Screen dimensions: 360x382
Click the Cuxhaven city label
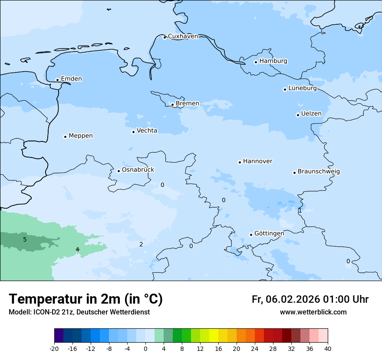pyautogui.click(x=183, y=36)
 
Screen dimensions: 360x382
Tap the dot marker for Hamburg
pyautogui.click(x=256, y=62)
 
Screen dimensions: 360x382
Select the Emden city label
pyautogui.click(x=71, y=79)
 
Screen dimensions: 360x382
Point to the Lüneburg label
pyautogui.click(x=302, y=88)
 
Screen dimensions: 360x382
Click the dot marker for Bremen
pyautogui.click(x=172, y=105)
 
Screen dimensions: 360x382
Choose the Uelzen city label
pyautogui.click(x=311, y=114)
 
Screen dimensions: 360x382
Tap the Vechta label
pyautogui.click(x=147, y=131)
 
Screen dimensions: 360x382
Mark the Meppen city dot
pyautogui.click(x=65, y=137)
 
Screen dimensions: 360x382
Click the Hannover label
pyautogui.click(x=257, y=161)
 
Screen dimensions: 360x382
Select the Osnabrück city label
pyautogui.click(x=138, y=170)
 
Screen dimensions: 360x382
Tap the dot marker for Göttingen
pyautogui.click(x=251, y=235)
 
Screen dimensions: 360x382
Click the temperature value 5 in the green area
pyautogui.click(x=25, y=239)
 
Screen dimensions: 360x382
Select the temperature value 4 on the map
pyautogui.click(x=77, y=249)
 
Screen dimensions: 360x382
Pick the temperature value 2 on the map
pyautogui.click(x=141, y=245)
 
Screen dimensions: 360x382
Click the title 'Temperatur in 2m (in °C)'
pyautogui.click(x=86, y=299)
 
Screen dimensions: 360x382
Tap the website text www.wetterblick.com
pyautogui.click(x=313, y=312)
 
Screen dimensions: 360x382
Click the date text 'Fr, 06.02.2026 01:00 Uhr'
pyautogui.click(x=310, y=299)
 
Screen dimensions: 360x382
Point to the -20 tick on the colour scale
pyautogui.click(x=54, y=348)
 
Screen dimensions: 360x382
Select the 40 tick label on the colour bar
pyautogui.click(x=328, y=348)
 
